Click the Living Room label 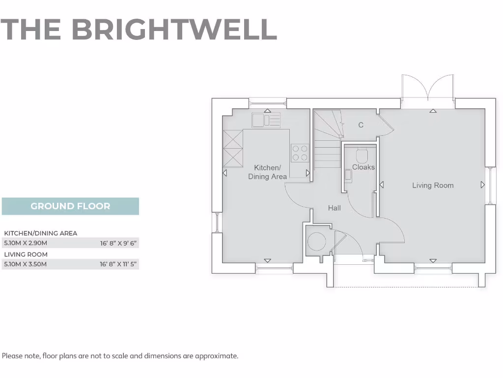coord(433,186)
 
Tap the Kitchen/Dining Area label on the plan coord(267,172)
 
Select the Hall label coord(335,208)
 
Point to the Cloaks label coord(363,167)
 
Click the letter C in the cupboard coord(361,125)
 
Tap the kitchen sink coord(266,120)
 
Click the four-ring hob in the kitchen coord(300,153)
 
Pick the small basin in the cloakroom coord(348,175)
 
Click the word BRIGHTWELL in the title coord(174,30)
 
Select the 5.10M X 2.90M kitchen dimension coord(26,243)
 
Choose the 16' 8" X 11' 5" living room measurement coord(118,264)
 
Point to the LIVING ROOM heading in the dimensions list coord(26,254)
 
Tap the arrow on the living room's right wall coord(482,185)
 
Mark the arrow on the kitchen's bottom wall coord(268,260)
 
